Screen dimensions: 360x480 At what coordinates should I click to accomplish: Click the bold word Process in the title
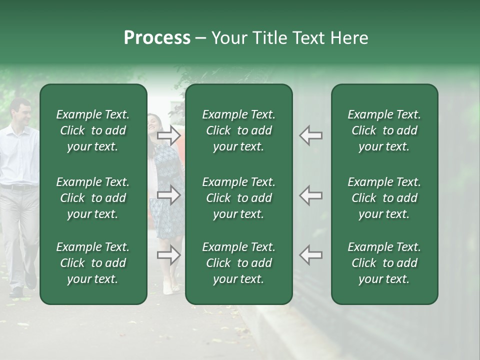coord(157,38)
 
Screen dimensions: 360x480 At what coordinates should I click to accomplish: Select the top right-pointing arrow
coord(169,135)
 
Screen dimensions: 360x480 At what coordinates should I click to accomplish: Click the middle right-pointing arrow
coord(169,195)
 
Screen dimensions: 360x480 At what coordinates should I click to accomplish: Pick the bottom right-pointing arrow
coord(169,255)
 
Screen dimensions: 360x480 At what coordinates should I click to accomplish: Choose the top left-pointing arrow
coord(310,135)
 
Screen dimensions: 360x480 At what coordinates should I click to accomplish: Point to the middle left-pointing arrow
coord(310,195)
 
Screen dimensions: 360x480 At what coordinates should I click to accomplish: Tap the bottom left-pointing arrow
coord(310,255)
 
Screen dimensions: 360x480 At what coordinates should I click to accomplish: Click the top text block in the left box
coord(93,130)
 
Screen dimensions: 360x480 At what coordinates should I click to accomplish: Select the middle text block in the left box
coord(93,198)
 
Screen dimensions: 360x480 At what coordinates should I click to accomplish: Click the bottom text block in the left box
coord(93,263)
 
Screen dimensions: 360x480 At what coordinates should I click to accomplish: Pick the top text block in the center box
coord(238,130)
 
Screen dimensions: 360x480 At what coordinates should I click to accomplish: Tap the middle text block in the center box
coord(238,198)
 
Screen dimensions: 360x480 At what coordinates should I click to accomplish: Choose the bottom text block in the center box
coord(238,263)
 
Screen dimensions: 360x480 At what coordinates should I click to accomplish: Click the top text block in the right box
coord(384,130)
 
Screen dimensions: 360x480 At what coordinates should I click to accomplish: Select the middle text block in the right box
coord(384,198)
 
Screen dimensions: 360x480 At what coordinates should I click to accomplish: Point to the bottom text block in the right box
coord(384,263)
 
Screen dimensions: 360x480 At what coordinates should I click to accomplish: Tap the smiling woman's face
coord(152,123)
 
